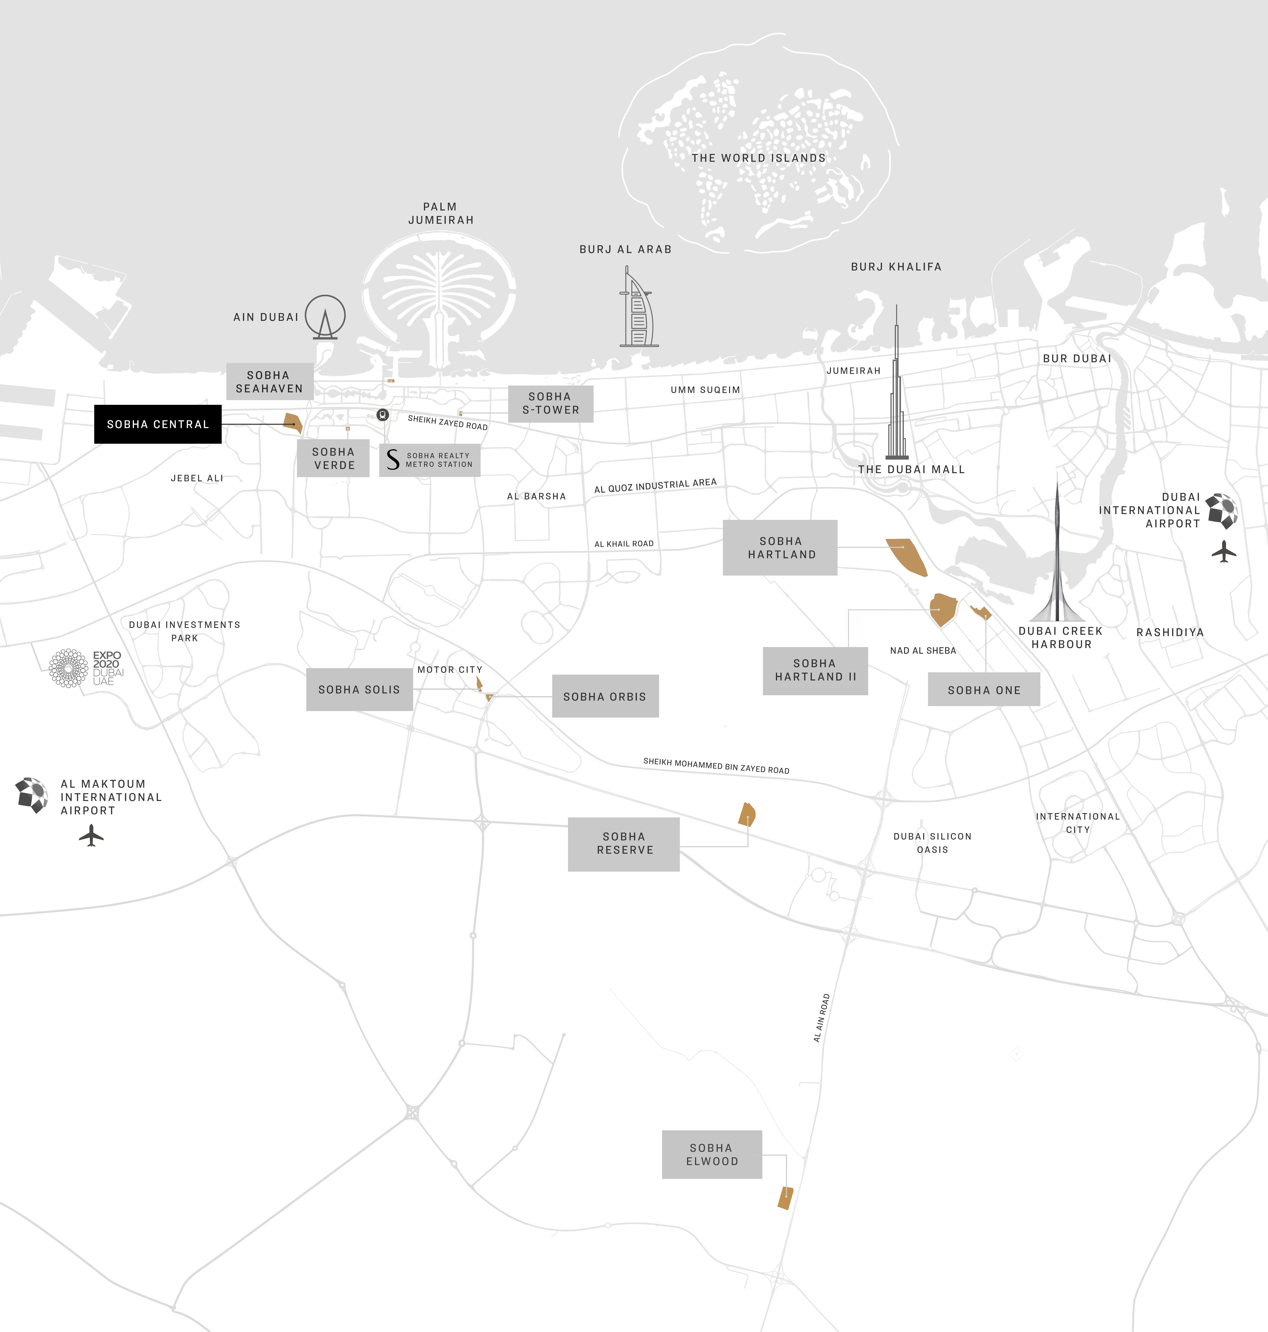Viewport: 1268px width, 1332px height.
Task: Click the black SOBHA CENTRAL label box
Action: click(158, 424)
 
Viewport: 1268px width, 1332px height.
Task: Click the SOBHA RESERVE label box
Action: click(623, 844)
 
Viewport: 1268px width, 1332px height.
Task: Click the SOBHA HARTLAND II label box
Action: click(814, 670)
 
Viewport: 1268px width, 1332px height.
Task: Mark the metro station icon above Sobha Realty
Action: click(383, 414)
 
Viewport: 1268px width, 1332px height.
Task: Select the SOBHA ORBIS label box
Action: click(605, 696)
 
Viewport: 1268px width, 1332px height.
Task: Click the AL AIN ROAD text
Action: click(821, 1018)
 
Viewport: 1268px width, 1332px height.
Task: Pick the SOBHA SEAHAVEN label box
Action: click(269, 381)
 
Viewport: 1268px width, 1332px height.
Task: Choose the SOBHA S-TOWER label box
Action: click(550, 404)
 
